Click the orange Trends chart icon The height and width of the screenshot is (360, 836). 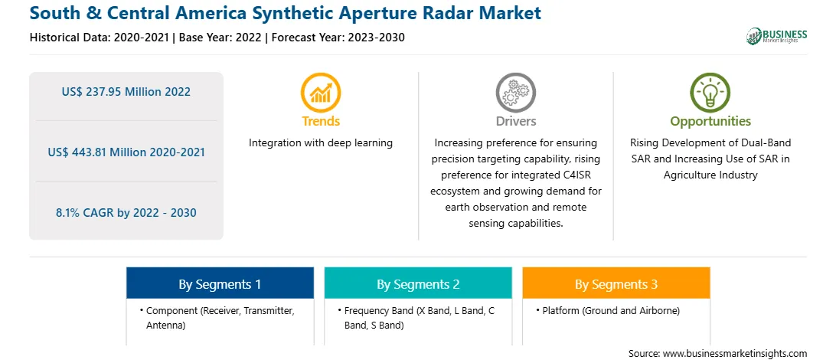click(x=321, y=93)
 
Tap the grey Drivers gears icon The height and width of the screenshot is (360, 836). click(x=515, y=93)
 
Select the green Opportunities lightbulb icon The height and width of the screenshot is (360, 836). click(x=710, y=93)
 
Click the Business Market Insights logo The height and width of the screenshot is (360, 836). click(x=777, y=36)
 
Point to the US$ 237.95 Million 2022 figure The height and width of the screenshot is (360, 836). click(x=126, y=92)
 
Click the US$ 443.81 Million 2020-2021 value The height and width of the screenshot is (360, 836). click(x=126, y=152)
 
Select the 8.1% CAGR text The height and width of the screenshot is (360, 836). click(x=126, y=213)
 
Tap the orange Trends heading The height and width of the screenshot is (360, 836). click(x=321, y=121)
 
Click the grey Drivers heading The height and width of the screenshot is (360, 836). click(x=515, y=121)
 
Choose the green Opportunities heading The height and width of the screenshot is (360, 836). click(x=710, y=121)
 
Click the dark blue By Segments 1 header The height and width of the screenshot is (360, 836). click(x=220, y=283)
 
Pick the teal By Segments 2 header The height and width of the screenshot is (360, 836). click(x=418, y=283)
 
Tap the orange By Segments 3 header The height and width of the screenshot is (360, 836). click(x=616, y=283)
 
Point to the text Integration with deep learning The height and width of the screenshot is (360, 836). click(x=321, y=143)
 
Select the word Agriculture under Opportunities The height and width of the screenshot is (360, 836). click(x=687, y=175)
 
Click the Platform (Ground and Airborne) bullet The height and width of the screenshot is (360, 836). click(x=609, y=310)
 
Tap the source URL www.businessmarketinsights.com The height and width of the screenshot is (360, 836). click(x=735, y=353)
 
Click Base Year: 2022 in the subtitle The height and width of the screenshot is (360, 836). click(x=220, y=38)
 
